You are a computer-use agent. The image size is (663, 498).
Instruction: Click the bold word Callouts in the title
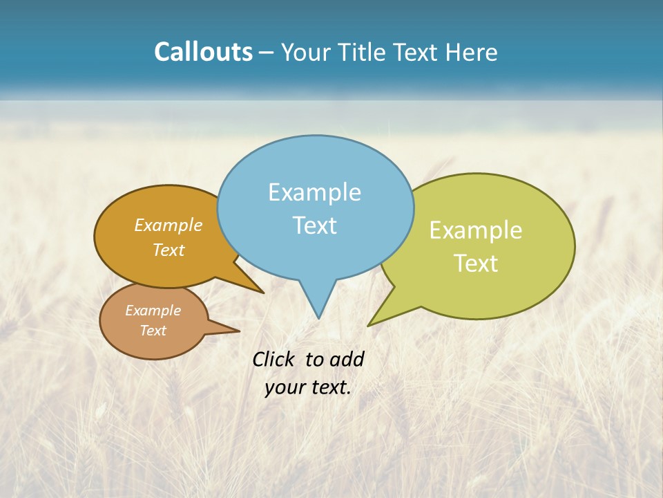point(203,52)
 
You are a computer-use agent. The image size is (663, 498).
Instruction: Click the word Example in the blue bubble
point(314,192)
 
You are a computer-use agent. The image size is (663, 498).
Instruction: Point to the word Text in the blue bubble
point(314,225)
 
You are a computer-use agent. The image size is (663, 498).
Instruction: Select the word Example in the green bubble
point(476,230)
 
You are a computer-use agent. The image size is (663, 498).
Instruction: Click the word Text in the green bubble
point(476,263)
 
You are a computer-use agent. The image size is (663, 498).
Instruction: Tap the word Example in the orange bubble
point(169,225)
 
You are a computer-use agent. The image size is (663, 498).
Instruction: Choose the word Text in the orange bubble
point(169,250)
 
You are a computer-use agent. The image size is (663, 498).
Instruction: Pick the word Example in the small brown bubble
point(153,311)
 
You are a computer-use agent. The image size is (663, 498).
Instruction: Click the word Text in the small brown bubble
point(153,331)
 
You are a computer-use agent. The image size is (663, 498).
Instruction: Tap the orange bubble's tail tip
point(263,293)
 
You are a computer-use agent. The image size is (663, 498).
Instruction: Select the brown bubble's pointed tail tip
point(239,331)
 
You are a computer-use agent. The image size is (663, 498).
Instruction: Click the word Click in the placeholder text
point(275,359)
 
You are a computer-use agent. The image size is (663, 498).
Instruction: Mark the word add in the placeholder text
point(347,359)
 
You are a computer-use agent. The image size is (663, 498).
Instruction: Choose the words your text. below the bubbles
point(307,387)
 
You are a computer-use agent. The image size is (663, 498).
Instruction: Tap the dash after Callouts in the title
point(267,53)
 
